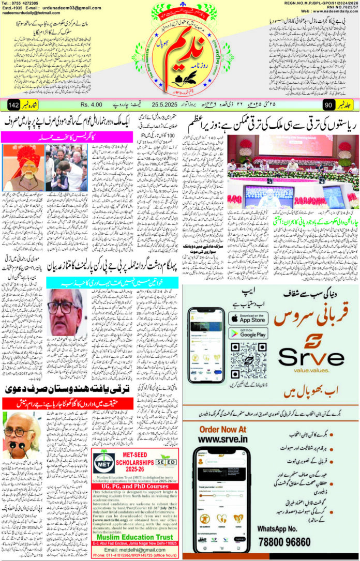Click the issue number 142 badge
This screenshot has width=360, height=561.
coord(14,105)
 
